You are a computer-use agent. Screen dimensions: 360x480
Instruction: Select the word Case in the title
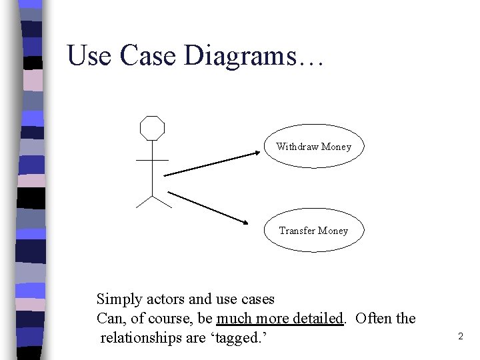(148, 56)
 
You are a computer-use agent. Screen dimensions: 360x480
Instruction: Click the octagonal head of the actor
(152, 128)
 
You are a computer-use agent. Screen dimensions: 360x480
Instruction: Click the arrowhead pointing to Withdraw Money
(261, 153)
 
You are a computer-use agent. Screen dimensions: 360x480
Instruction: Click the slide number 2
(460, 337)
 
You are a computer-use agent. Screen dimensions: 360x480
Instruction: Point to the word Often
(375, 319)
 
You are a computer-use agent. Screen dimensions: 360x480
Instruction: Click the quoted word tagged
(239, 338)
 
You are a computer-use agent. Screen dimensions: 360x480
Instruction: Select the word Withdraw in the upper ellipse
(297, 147)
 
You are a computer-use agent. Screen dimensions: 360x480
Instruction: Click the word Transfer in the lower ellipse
(297, 231)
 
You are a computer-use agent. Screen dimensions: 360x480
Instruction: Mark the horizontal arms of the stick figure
(152, 160)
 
